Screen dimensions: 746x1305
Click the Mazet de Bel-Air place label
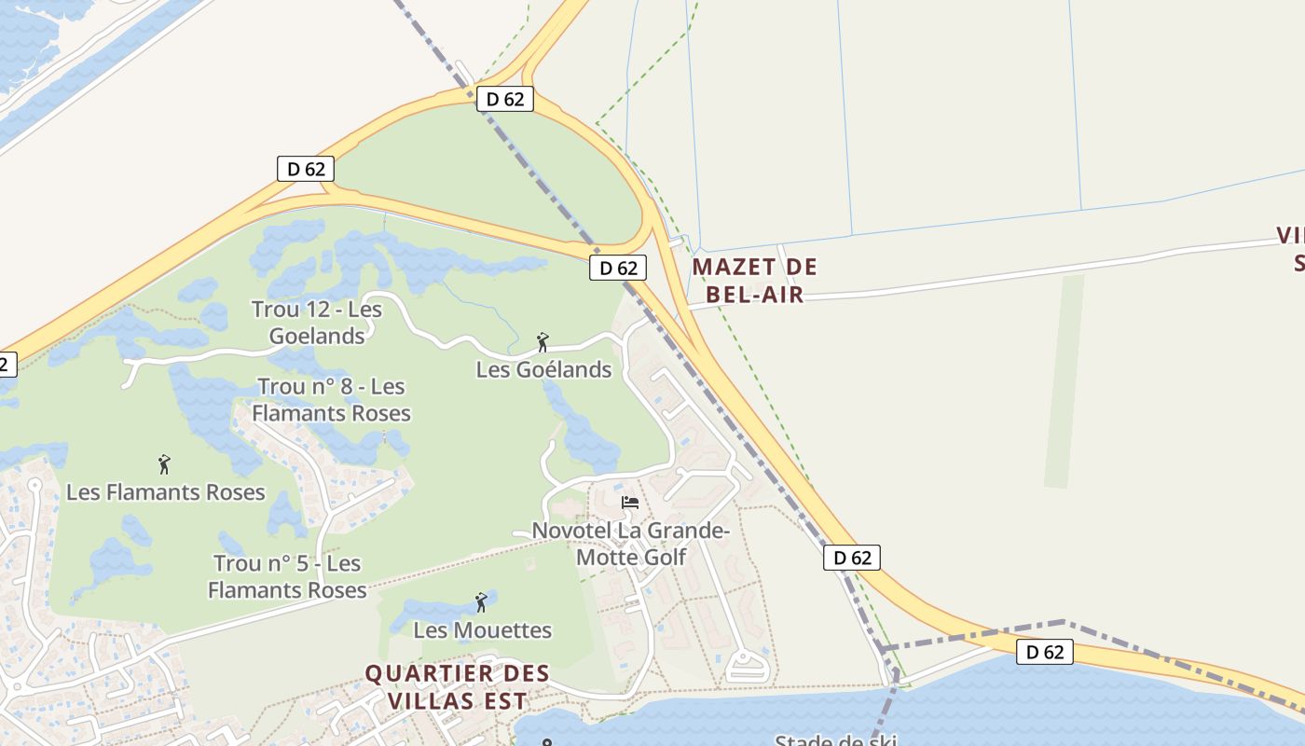(x=754, y=280)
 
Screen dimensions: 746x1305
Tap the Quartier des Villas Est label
(x=457, y=686)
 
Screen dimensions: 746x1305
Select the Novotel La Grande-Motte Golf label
(x=630, y=544)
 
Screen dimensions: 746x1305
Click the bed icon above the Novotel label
(x=630, y=503)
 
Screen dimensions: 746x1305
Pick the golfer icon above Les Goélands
(x=543, y=342)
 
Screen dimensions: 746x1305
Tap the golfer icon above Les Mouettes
(x=481, y=602)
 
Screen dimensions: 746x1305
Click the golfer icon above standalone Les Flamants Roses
(x=165, y=463)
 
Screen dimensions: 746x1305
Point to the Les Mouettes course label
(x=482, y=630)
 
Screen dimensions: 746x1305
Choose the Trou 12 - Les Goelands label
(x=317, y=323)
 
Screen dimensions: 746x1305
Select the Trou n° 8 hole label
(x=331, y=399)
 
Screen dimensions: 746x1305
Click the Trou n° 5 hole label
(x=287, y=576)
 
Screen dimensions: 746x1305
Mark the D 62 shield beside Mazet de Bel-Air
(x=617, y=268)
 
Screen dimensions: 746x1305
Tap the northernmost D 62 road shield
(x=504, y=98)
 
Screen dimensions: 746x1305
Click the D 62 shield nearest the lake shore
(x=1044, y=652)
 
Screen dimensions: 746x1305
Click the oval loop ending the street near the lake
(x=748, y=667)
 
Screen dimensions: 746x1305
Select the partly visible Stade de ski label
(x=835, y=740)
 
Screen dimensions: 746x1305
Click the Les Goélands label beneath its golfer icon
(x=543, y=369)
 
